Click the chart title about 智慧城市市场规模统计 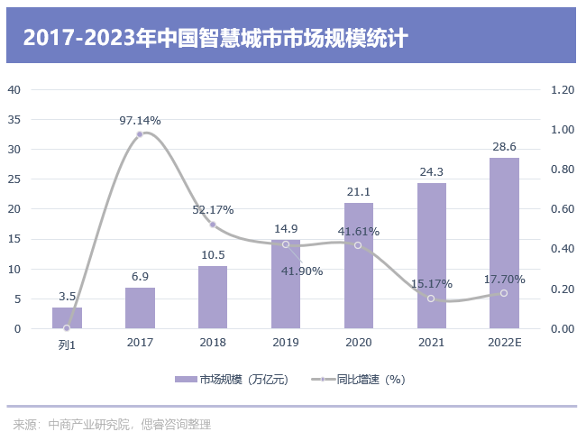(x=215, y=38)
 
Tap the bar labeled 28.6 (x=504, y=243)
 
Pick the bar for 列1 (x=67, y=318)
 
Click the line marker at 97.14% (x=140, y=134)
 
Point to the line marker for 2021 (x=431, y=299)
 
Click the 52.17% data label (x=213, y=209)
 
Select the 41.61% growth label (x=358, y=231)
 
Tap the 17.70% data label (x=504, y=279)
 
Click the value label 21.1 (x=358, y=191)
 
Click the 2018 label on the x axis (x=213, y=343)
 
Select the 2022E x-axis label (x=504, y=343)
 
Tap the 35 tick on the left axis (x=15, y=119)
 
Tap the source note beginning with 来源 (x=112, y=423)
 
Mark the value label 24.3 (x=431, y=171)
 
